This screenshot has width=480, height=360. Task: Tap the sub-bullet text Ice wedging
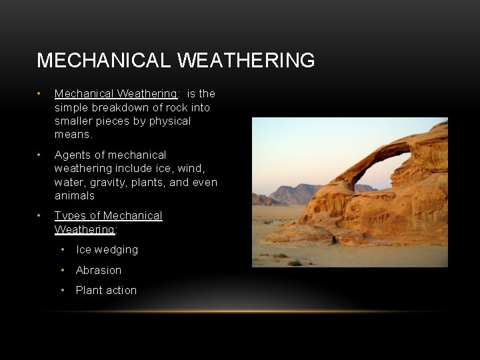coord(107,250)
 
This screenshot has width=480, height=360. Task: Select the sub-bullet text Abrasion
coord(99,270)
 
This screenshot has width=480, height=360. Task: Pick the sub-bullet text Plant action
coord(106,291)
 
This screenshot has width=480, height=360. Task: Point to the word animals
coord(75,196)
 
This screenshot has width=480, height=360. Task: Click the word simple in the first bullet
coord(71,107)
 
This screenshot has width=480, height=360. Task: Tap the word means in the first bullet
coord(72,135)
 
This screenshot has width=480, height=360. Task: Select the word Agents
coord(72,155)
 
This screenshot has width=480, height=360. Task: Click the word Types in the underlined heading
coord(69,216)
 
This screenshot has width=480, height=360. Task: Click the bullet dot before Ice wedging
coord(63,250)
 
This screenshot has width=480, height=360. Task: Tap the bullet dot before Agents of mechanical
coord(40,155)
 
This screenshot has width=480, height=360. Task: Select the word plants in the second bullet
coord(150,183)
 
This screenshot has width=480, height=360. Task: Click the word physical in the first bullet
coord(171,121)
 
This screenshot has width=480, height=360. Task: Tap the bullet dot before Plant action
coord(63,291)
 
